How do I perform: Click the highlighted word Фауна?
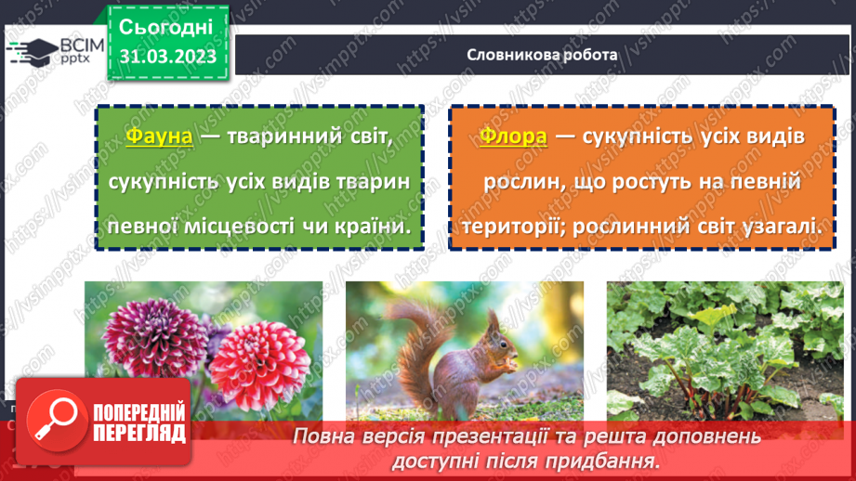(x=159, y=136)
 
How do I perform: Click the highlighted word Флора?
(x=513, y=136)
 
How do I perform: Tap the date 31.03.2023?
(x=168, y=57)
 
